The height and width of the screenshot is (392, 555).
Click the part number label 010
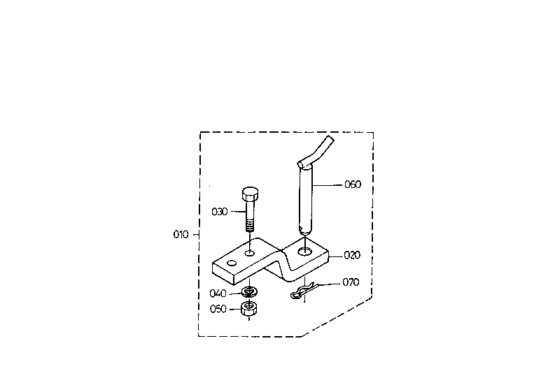(x=181, y=234)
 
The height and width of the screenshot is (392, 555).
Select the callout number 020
(x=352, y=255)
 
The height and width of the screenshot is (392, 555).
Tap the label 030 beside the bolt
(x=220, y=212)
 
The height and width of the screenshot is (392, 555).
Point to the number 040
(x=218, y=293)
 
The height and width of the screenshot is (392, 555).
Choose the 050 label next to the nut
(x=218, y=309)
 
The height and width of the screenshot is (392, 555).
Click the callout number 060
(x=353, y=184)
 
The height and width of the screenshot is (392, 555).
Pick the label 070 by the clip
(x=351, y=282)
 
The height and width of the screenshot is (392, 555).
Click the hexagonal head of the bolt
(x=250, y=194)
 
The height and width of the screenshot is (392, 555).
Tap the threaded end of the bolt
(x=250, y=225)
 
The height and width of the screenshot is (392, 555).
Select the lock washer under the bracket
(x=250, y=292)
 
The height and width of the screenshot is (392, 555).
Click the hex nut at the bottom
(x=249, y=309)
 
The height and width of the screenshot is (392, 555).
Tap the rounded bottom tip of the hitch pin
(x=304, y=231)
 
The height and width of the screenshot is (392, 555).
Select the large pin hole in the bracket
(x=304, y=252)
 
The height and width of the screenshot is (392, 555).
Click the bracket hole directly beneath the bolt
(x=250, y=253)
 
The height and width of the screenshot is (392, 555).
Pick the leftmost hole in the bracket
(x=232, y=263)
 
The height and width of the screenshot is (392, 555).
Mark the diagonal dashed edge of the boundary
(x=337, y=317)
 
